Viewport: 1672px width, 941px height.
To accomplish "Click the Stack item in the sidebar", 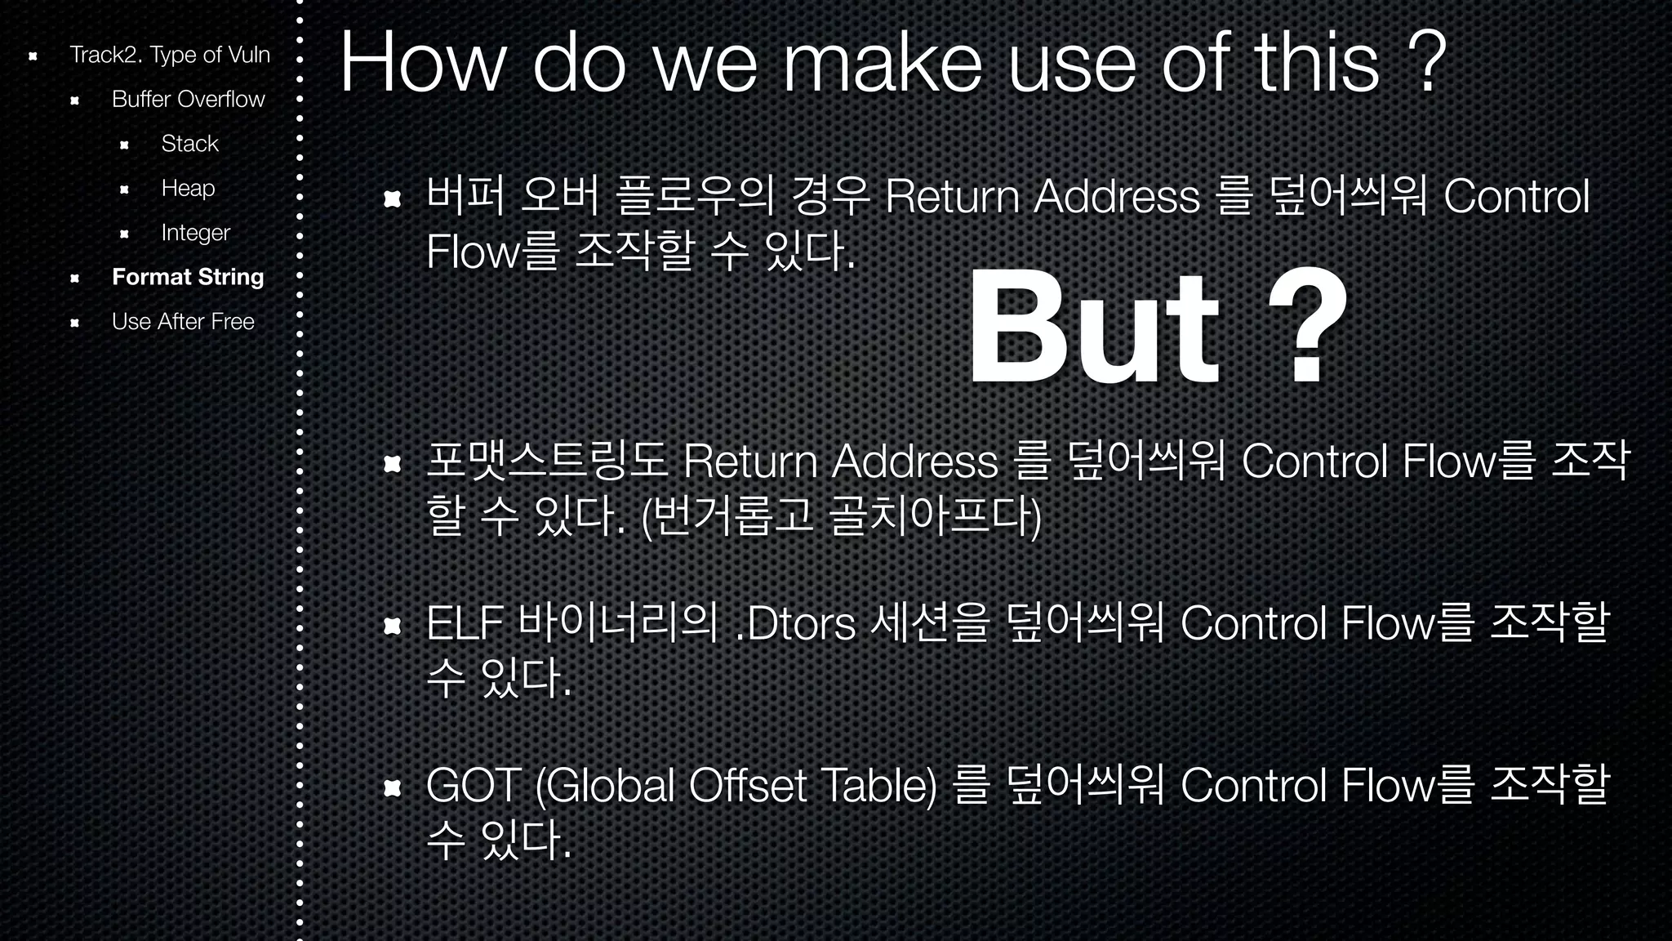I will click(x=189, y=144).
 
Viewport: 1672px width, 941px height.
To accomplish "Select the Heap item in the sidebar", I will click(x=188, y=188).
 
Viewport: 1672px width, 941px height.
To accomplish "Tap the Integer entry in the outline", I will click(x=195, y=233).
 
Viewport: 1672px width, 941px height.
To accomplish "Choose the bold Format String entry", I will click(x=188, y=277).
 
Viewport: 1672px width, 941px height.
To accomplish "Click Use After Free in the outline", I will click(x=183, y=322).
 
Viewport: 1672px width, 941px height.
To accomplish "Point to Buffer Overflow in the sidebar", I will click(x=188, y=100).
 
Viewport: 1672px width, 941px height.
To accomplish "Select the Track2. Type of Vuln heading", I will click(x=169, y=55).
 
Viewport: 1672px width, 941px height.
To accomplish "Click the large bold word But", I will click(x=1093, y=327).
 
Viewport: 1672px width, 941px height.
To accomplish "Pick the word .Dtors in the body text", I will click(x=795, y=624).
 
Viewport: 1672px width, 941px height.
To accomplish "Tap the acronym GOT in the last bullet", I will click(x=474, y=786).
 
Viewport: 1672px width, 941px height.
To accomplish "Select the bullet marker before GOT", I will click(x=393, y=787).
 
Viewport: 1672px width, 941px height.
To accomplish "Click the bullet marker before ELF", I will click(x=393, y=626).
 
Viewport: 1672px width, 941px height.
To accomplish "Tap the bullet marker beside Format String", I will click(x=74, y=278).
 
